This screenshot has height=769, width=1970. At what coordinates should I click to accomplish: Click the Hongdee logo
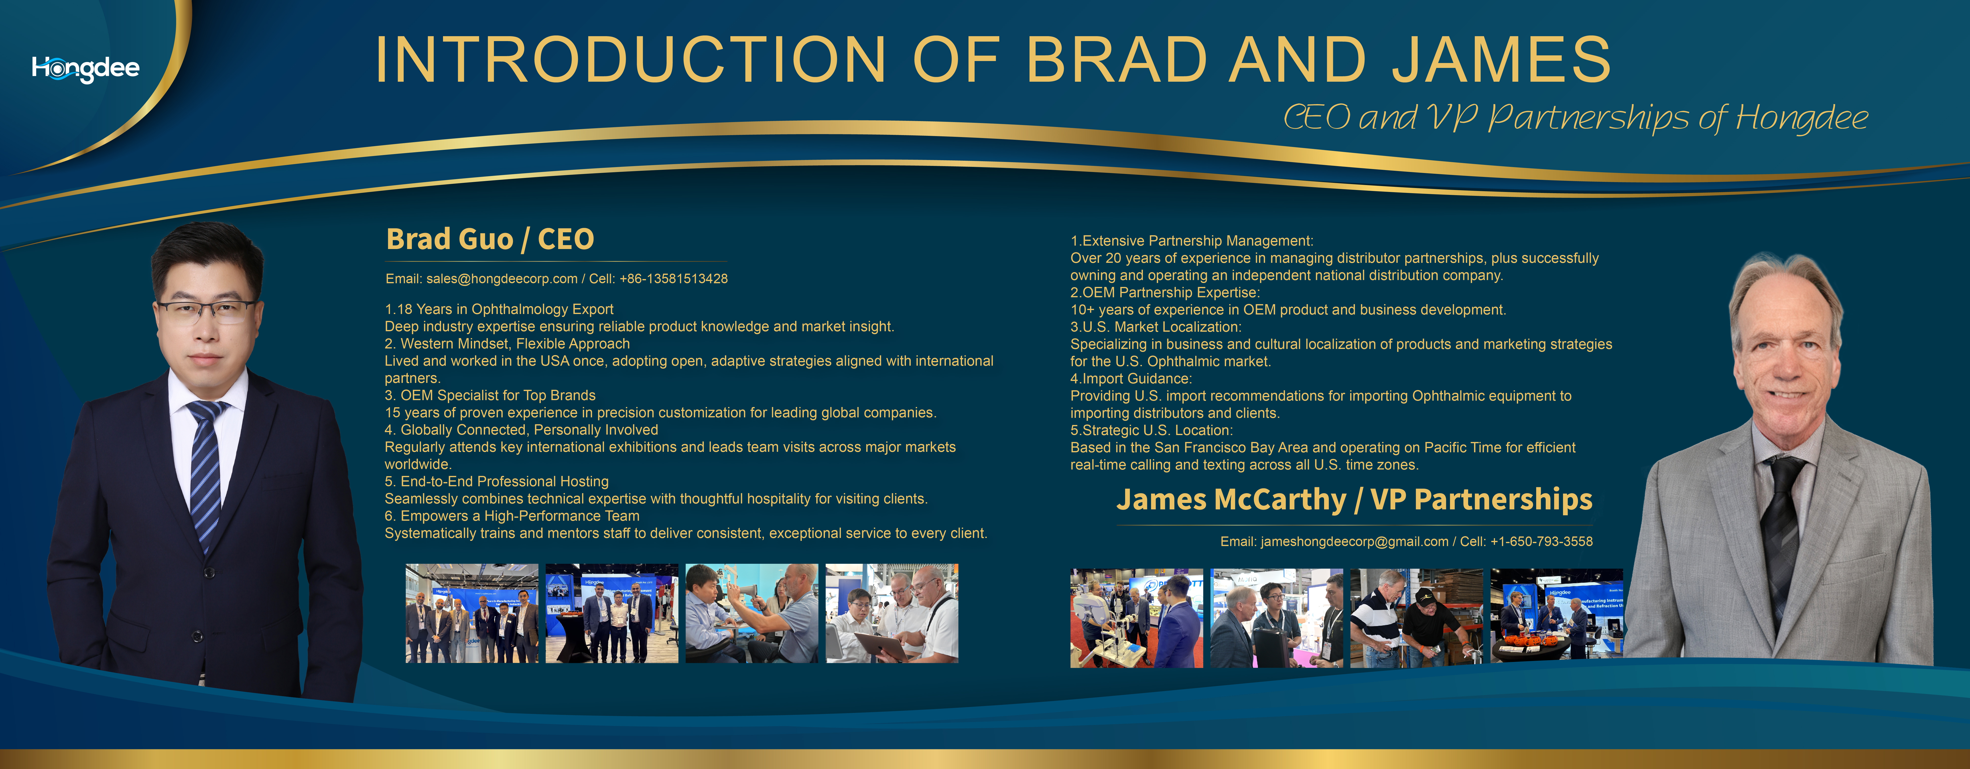[86, 69]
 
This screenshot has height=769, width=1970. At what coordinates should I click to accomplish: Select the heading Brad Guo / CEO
[490, 239]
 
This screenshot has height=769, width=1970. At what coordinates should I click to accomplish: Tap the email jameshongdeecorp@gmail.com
[1354, 541]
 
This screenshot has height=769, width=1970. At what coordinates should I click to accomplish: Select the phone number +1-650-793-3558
[1542, 541]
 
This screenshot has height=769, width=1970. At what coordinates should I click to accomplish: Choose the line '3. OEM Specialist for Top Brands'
[490, 395]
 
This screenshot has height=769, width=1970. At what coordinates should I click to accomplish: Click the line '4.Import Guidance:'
[1131, 378]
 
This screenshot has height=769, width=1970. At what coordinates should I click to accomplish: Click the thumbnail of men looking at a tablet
[892, 613]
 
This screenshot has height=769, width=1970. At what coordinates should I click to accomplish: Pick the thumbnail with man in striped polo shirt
[1416, 618]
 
